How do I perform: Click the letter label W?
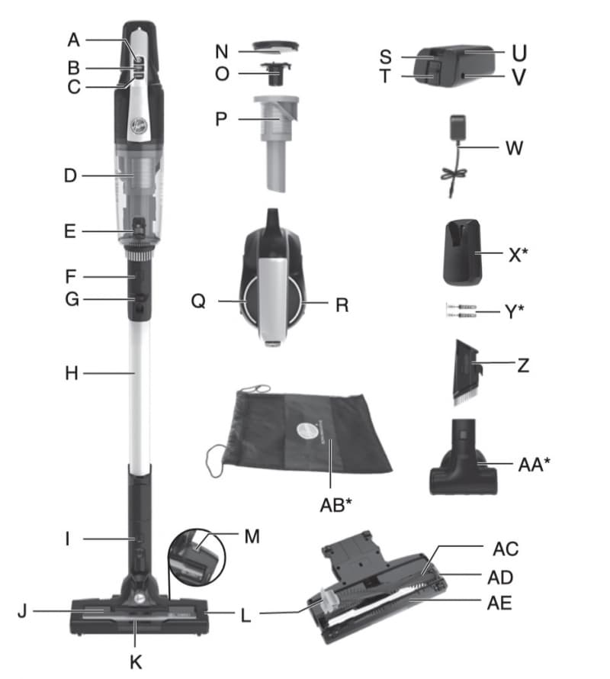point(515,148)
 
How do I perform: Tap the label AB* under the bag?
point(336,505)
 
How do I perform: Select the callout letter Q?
point(198,301)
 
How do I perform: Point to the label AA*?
point(535,465)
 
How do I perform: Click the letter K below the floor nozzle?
point(136,662)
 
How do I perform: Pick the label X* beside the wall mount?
point(518,255)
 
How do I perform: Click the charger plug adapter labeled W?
point(458,127)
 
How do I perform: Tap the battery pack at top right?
point(454,66)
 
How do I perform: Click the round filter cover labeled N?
point(276,47)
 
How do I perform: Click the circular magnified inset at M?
point(197,557)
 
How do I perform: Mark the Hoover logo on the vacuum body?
point(139,126)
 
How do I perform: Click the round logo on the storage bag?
point(306,431)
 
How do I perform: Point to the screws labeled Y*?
point(461,311)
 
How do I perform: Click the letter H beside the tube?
point(72,373)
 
